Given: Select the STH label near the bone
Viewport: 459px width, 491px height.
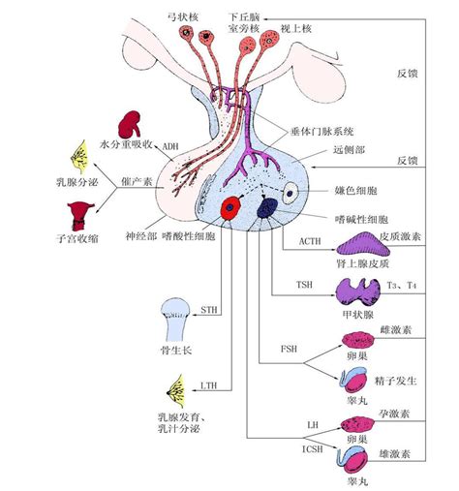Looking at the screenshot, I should [x=209, y=310].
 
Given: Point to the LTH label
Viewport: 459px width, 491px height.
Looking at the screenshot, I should [x=209, y=385].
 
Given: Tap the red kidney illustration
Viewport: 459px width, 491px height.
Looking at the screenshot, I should [x=128, y=126].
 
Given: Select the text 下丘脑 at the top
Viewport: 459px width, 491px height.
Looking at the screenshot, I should [x=244, y=17].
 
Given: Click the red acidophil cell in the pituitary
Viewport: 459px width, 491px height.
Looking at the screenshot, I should [x=231, y=207].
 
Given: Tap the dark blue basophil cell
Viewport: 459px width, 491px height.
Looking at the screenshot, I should [x=266, y=206].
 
